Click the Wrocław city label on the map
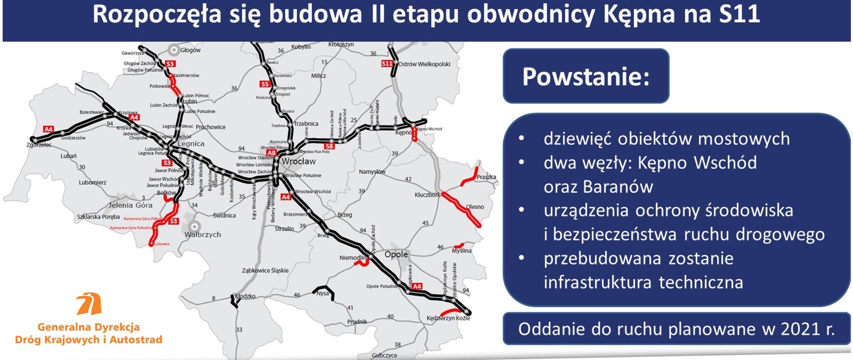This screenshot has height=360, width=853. [x=299, y=161]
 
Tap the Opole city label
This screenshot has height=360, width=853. [x=396, y=254]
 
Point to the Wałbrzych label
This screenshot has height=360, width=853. [x=203, y=234]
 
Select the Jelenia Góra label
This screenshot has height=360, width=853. [x=130, y=205]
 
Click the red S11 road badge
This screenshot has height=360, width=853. [x=387, y=64]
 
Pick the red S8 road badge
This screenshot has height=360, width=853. [x=329, y=146]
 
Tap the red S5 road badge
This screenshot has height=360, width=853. [x=265, y=84]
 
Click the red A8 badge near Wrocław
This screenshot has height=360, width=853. [x=271, y=153]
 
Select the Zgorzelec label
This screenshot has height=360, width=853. [x=39, y=145]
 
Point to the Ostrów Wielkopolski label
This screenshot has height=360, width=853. [x=424, y=64]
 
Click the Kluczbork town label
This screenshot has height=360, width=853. [x=427, y=195]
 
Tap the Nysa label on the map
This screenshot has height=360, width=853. [x=323, y=293]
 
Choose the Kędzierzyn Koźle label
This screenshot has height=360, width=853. [x=448, y=318]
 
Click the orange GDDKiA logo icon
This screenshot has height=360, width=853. [x=89, y=304]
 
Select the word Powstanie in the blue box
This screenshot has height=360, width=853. [x=586, y=76]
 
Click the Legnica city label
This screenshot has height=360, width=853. [x=191, y=144]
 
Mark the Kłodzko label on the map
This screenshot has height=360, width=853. [x=245, y=296]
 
